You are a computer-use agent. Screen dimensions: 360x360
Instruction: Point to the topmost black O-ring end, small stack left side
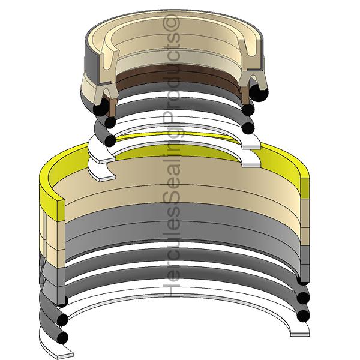103,106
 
